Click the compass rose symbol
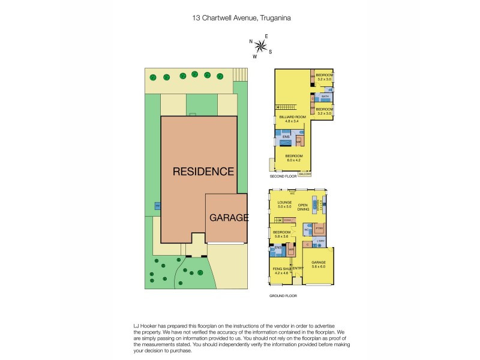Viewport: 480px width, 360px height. [260, 46]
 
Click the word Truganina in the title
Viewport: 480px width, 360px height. [274, 18]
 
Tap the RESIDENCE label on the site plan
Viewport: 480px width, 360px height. [203, 172]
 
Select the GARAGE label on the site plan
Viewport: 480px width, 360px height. [229, 217]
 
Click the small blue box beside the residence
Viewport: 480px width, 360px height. [157, 206]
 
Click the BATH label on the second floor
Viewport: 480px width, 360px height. [325, 96]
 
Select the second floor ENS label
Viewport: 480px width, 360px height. [286, 137]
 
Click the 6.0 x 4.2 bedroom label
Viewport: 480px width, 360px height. [293, 158]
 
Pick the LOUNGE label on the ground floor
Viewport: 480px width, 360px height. [284, 203]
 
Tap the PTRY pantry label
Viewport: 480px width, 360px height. [319, 229]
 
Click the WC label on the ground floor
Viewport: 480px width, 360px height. [306, 230]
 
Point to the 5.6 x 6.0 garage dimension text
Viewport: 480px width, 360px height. [318, 266]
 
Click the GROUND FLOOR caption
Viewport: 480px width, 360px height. [283, 296]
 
